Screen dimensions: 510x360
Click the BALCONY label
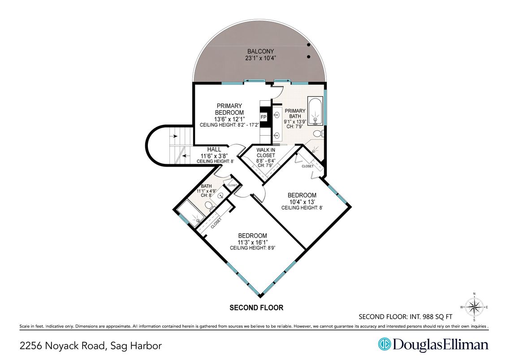pos(260,51)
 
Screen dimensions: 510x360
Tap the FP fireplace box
pos(264,117)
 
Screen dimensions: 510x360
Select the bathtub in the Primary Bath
pos(315,111)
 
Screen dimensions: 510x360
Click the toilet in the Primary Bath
pos(318,133)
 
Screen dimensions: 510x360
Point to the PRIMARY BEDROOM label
pos(229,109)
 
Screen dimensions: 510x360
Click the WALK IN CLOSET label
pos(266,153)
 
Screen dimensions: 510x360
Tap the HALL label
pos(214,150)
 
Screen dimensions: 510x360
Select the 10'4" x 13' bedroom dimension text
pos(302,201)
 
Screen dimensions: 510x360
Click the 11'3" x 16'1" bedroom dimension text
pos(252,242)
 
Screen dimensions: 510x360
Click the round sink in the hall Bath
pos(221,196)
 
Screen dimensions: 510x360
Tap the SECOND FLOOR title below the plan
pos(256,308)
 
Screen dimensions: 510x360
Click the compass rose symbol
pos(474,307)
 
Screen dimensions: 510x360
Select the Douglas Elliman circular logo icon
pos(384,344)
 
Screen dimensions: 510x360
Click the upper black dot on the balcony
pos(308,45)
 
